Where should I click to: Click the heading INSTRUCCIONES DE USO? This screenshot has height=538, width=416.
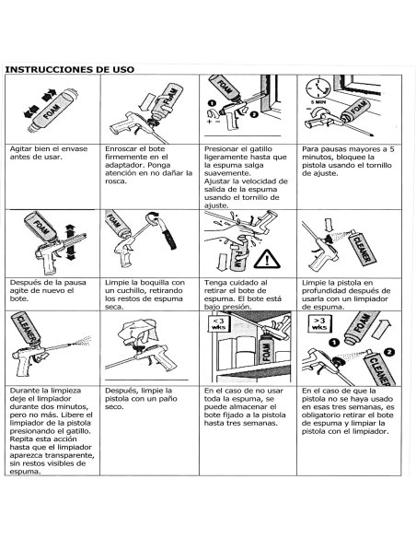pyautogui.click(x=70, y=69)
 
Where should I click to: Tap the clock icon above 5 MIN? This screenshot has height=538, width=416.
pyautogui.click(x=318, y=88)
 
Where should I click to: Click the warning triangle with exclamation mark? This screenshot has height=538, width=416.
pyautogui.click(x=267, y=259)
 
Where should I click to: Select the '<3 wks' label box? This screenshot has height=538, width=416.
pyautogui.click(x=218, y=324)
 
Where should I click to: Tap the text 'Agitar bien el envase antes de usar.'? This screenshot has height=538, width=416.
pyautogui.click(x=49, y=153)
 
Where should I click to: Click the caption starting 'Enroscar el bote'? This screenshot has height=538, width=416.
pyautogui.click(x=149, y=165)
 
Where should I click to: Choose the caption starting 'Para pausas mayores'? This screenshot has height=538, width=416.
pyautogui.click(x=348, y=161)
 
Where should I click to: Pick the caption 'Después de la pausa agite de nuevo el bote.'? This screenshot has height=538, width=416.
pyautogui.click(x=48, y=290)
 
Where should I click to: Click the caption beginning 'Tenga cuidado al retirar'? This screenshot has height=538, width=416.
pyautogui.click(x=243, y=295)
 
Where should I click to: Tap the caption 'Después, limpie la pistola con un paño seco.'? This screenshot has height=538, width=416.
pyautogui.click(x=141, y=399)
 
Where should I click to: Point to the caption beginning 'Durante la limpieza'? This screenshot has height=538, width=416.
pyautogui.click(x=52, y=431)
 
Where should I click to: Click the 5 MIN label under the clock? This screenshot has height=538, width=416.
pyautogui.click(x=318, y=102)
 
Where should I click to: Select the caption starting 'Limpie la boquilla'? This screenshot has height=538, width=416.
pyautogui.click(x=144, y=295)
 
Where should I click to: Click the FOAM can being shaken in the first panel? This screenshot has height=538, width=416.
pyautogui.click(x=52, y=111)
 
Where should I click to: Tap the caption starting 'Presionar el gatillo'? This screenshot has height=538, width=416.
pyautogui.click(x=246, y=178)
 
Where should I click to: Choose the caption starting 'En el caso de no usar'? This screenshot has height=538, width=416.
pyautogui.click(x=245, y=406)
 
